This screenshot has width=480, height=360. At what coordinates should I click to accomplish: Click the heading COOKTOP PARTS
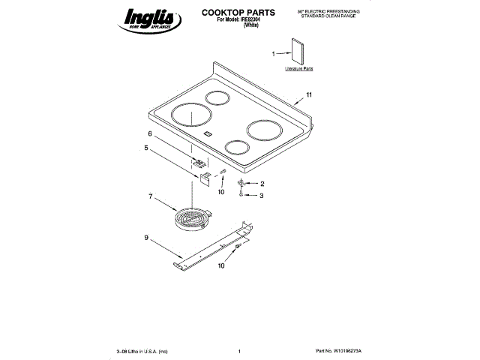[238, 13]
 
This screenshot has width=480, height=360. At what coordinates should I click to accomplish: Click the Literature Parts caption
[298, 68]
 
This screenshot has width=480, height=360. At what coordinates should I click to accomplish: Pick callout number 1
[273, 52]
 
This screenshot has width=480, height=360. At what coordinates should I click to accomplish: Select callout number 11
[308, 95]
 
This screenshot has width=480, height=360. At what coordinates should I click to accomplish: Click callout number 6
[150, 133]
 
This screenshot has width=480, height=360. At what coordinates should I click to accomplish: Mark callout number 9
[145, 238]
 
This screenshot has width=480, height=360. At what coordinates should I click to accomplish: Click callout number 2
[262, 184]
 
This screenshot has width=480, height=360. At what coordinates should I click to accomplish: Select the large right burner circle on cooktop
[266, 130]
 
